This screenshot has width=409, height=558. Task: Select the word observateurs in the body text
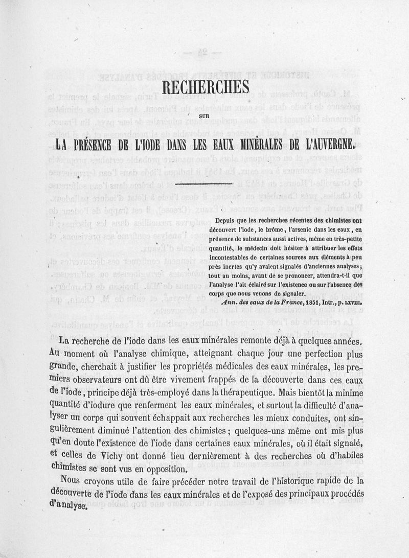pyautogui.click(x=106, y=380)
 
